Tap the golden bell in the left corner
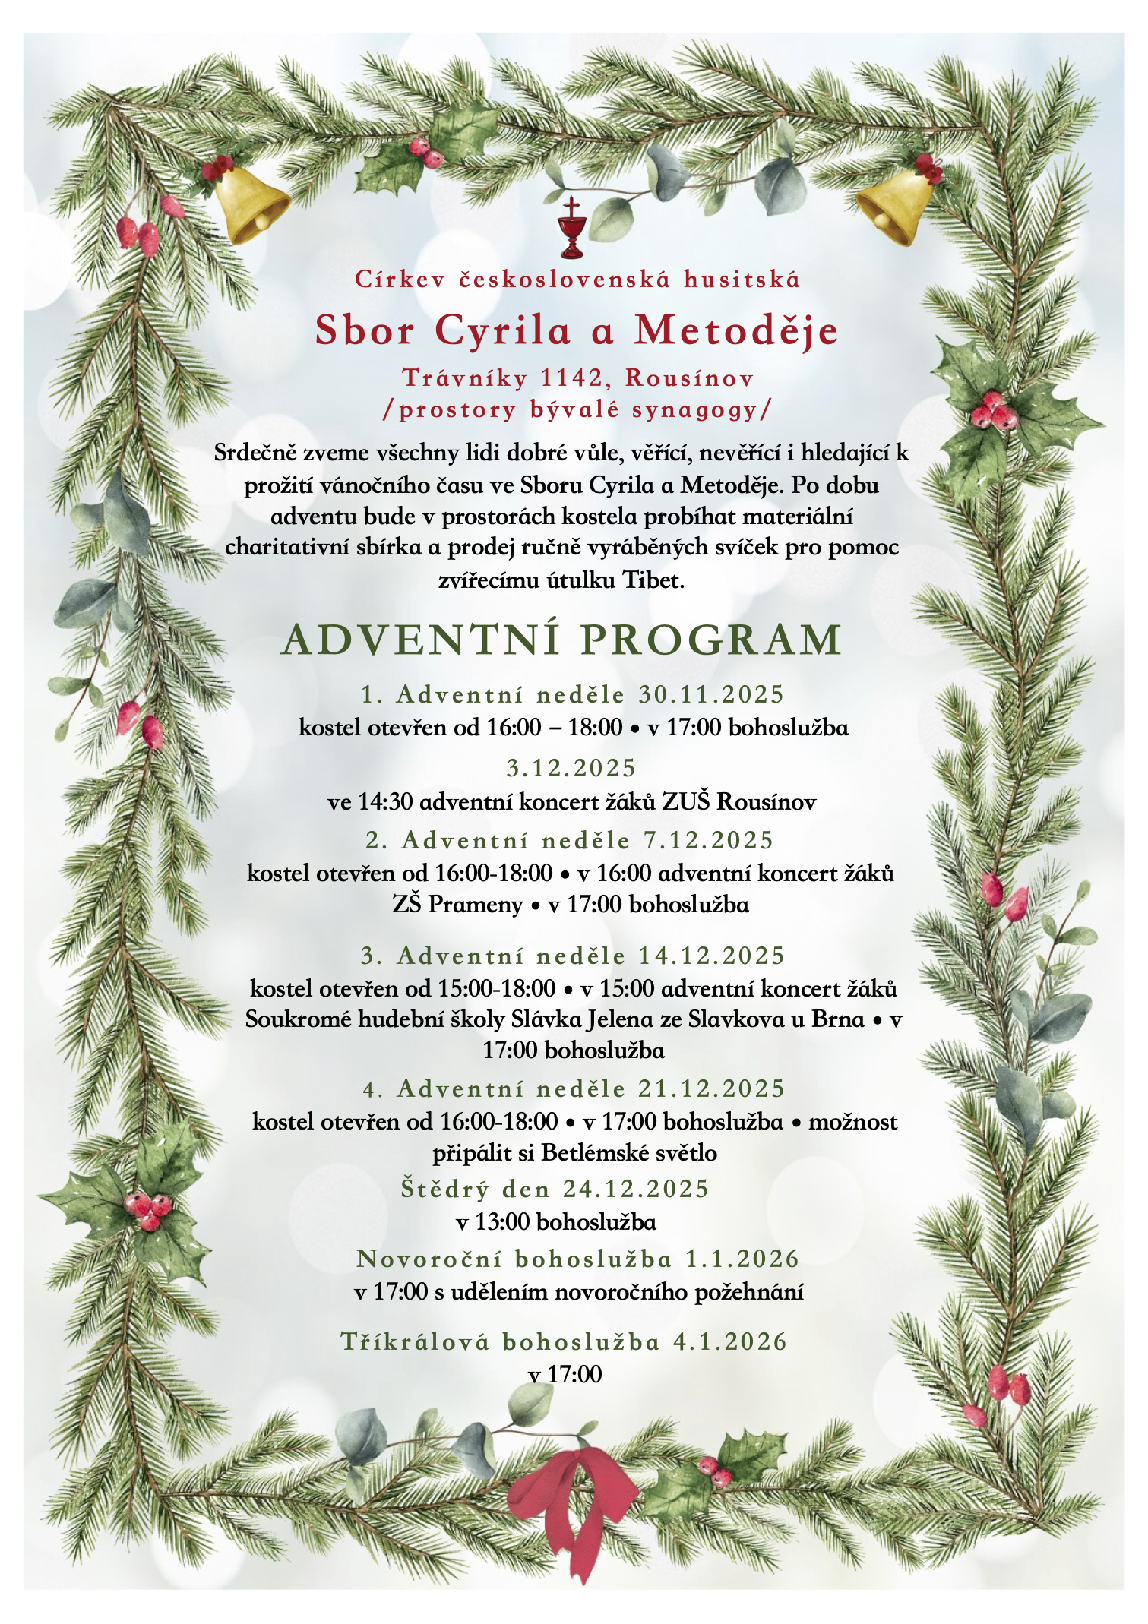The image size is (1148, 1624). (x=248, y=204)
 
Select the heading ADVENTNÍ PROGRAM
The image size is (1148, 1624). (x=561, y=640)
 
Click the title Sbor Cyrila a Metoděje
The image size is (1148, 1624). (x=577, y=330)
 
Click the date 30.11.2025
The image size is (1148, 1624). (x=710, y=694)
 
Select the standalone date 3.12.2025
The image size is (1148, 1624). (x=571, y=768)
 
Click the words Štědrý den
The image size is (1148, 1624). (x=479, y=1189)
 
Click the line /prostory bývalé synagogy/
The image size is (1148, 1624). (x=576, y=410)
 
